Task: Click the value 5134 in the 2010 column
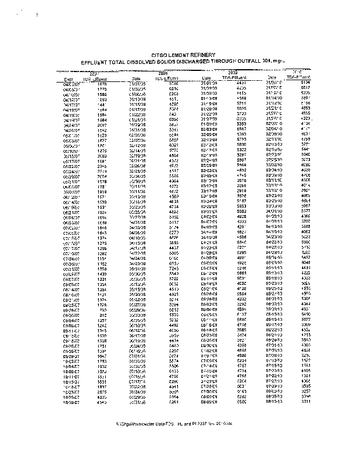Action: (x=305, y=83)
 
